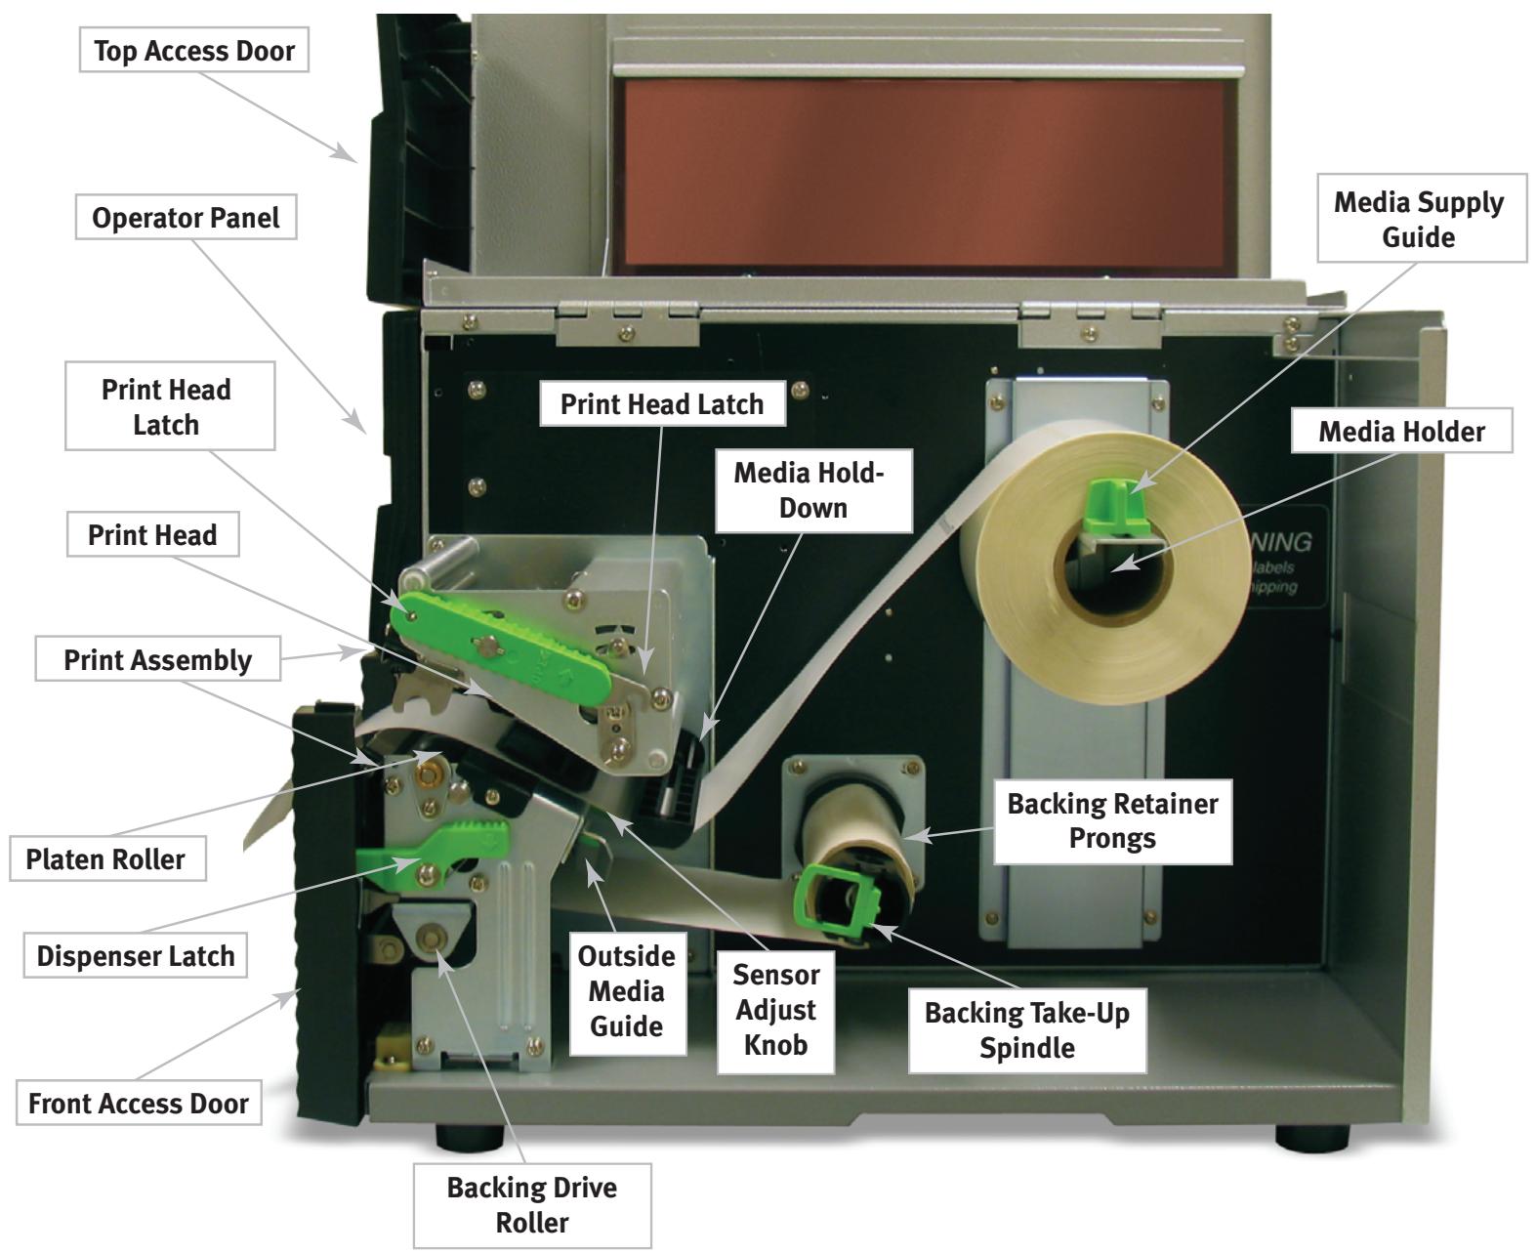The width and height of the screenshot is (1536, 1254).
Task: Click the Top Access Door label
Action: tap(193, 51)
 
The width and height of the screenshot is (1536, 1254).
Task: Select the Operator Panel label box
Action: tap(186, 218)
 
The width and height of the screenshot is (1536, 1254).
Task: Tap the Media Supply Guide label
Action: tap(1421, 219)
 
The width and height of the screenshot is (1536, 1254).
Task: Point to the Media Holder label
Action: tap(1401, 432)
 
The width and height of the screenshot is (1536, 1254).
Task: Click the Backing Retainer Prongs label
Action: tap(1112, 820)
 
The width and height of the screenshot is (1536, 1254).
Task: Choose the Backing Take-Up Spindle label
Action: tap(1026, 1029)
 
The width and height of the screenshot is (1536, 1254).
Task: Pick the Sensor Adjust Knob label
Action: tap(775, 1010)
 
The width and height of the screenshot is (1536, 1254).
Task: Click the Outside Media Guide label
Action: tap(626, 990)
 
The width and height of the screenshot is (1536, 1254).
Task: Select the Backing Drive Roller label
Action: tap(531, 1204)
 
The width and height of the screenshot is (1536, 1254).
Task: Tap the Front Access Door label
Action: tap(139, 1104)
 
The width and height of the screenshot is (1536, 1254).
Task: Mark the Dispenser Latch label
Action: tap(136, 955)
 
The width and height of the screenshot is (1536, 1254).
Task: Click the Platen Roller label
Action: tap(105, 859)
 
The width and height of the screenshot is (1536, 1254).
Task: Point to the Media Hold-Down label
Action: tap(810, 490)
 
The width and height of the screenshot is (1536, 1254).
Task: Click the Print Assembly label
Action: tap(157, 660)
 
